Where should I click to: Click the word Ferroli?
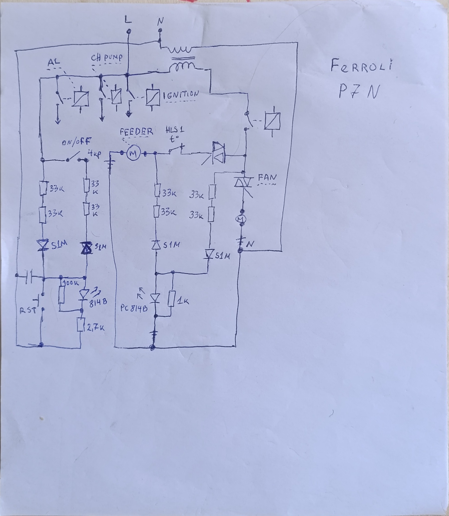pyautogui.click(x=361, y=66)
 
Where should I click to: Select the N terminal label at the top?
pyautogui.click(x=160, y=22)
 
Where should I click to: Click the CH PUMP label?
pyautogui.click(x=107, y=58)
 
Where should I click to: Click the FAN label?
pyautogui.click(x=267, y=177)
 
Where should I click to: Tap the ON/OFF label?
pyautogui.click(x=77, y=142)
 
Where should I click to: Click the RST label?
pyautogui.click(x=28, y=311)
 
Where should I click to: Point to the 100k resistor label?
pyautogui.click(x=72, y=283)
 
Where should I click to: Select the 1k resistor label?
pyautogui.click(x=183, y=302)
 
